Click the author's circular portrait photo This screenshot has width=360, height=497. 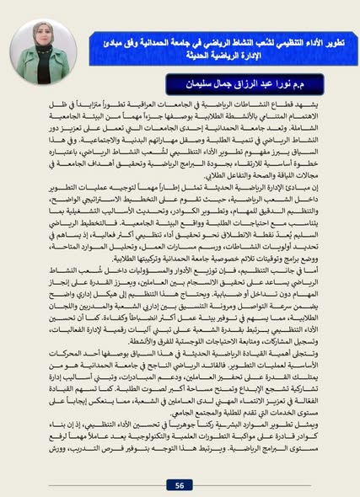click(x=41, y=54)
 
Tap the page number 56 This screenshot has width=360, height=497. click(x=180, y=484)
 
